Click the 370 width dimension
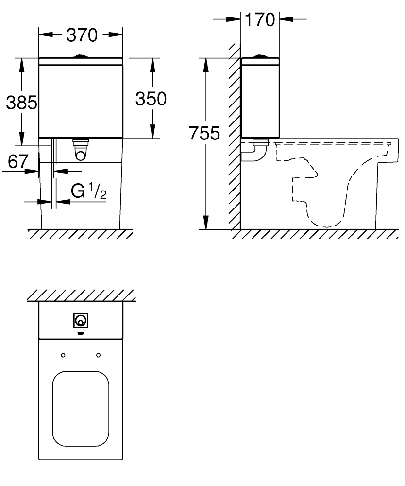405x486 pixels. (x=82, y=35)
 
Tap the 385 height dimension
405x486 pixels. (x=22, y=103)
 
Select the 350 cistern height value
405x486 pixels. (x=151, y=99)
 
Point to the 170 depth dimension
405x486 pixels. (x=260, y=19)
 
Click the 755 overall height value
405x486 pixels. (x=204, y=133)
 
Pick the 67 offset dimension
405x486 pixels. (x=18, y=161)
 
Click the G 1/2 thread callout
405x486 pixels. (x=89, y=191)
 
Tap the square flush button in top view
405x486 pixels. (x=81, y=320)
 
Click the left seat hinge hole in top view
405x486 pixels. (x=63, y=355)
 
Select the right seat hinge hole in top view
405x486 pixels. (x=99, y=355)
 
